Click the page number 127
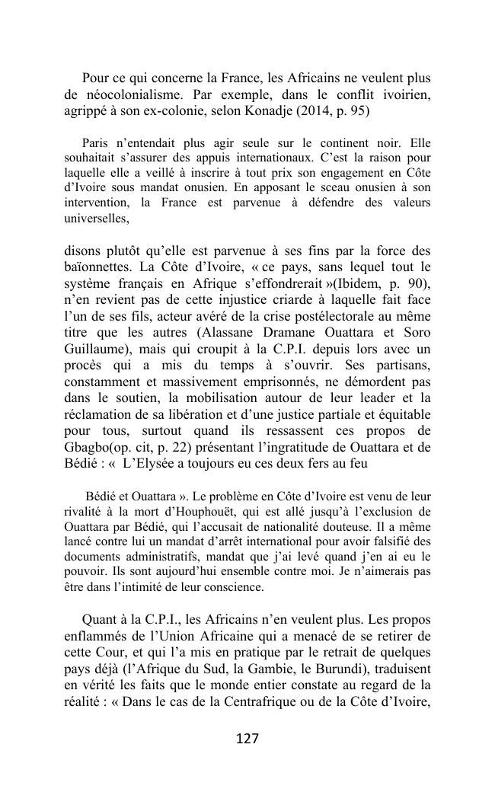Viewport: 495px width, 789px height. click(x=247, y=739)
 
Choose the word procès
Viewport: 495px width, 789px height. click(x=85, y=366)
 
